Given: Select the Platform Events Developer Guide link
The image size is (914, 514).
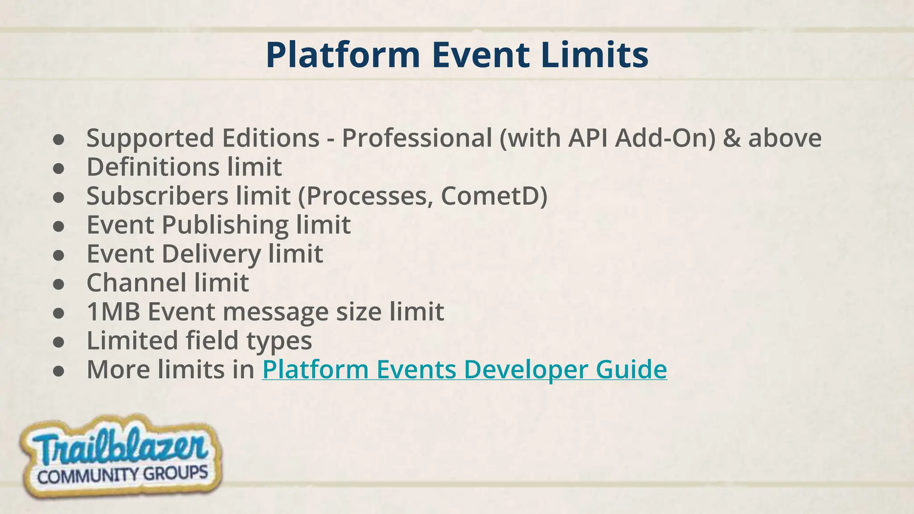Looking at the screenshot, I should pos(464,369).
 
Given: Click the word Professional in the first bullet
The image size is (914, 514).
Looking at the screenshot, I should pos(416,138).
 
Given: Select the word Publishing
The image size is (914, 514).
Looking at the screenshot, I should pos(225,225).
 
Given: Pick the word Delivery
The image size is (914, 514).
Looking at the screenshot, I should pos(211,254).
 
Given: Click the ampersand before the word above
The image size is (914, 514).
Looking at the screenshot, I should pos(731,138).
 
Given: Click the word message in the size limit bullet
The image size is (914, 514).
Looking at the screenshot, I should pos(275,311).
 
